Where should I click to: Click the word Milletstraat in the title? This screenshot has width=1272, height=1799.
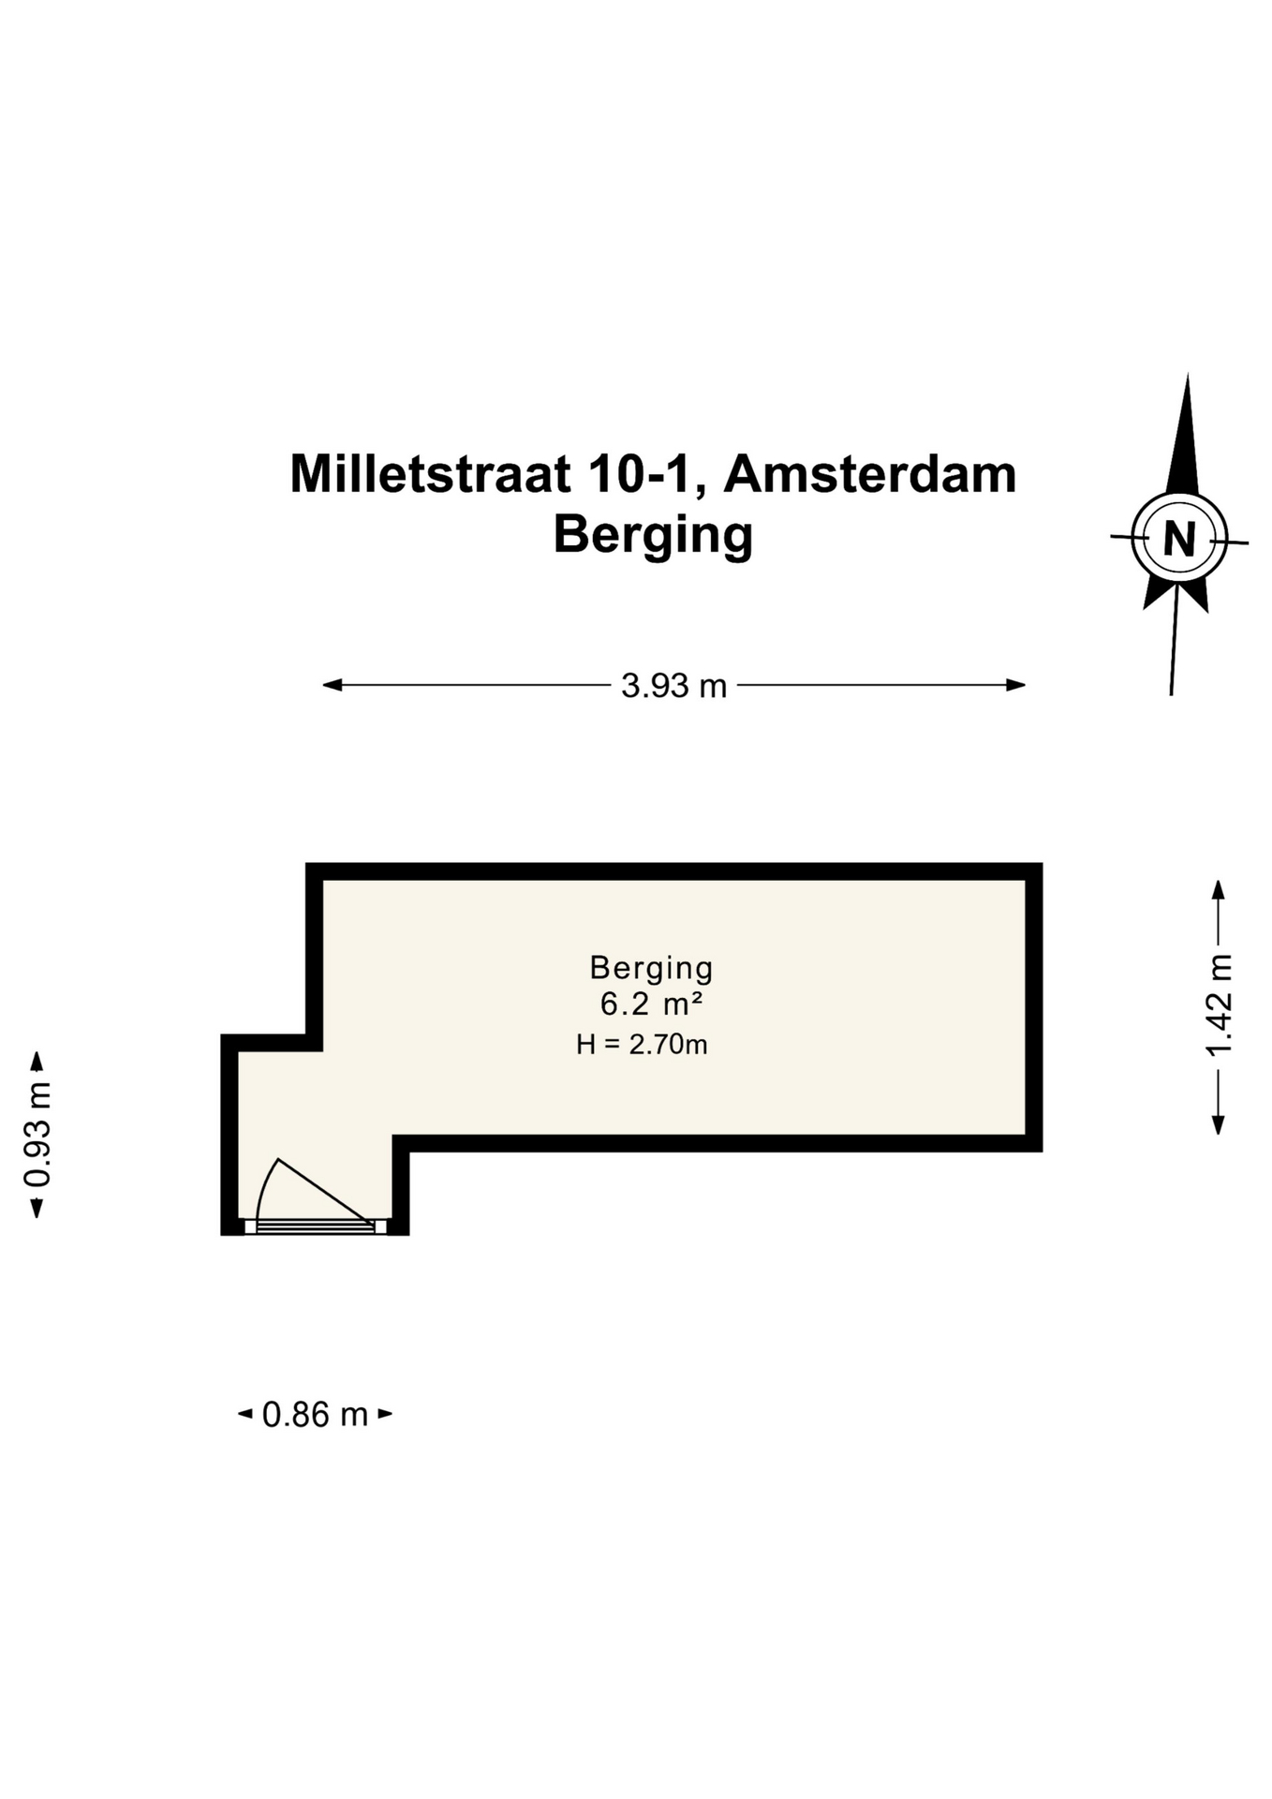430,474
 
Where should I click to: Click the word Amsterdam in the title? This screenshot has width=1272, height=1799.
870,474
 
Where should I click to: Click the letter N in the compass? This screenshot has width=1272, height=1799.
1179,539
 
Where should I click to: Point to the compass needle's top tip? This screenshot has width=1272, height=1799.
1188,374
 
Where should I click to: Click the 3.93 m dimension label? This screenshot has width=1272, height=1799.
673,686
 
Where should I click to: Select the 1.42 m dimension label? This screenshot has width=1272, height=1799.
1219,1004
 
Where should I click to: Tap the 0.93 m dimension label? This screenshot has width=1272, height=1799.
38,1135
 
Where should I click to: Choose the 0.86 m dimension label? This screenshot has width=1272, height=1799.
315,1414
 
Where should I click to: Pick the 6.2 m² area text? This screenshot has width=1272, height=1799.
651,1004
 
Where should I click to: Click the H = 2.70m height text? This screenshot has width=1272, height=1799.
642,1044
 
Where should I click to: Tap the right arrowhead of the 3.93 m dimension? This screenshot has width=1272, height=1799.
1016,685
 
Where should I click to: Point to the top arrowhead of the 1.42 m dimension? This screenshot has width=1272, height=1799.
1219,888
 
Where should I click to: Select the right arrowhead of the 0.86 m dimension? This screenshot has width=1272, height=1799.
385,1414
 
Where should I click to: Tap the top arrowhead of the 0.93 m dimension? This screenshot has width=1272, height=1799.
37,1061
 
